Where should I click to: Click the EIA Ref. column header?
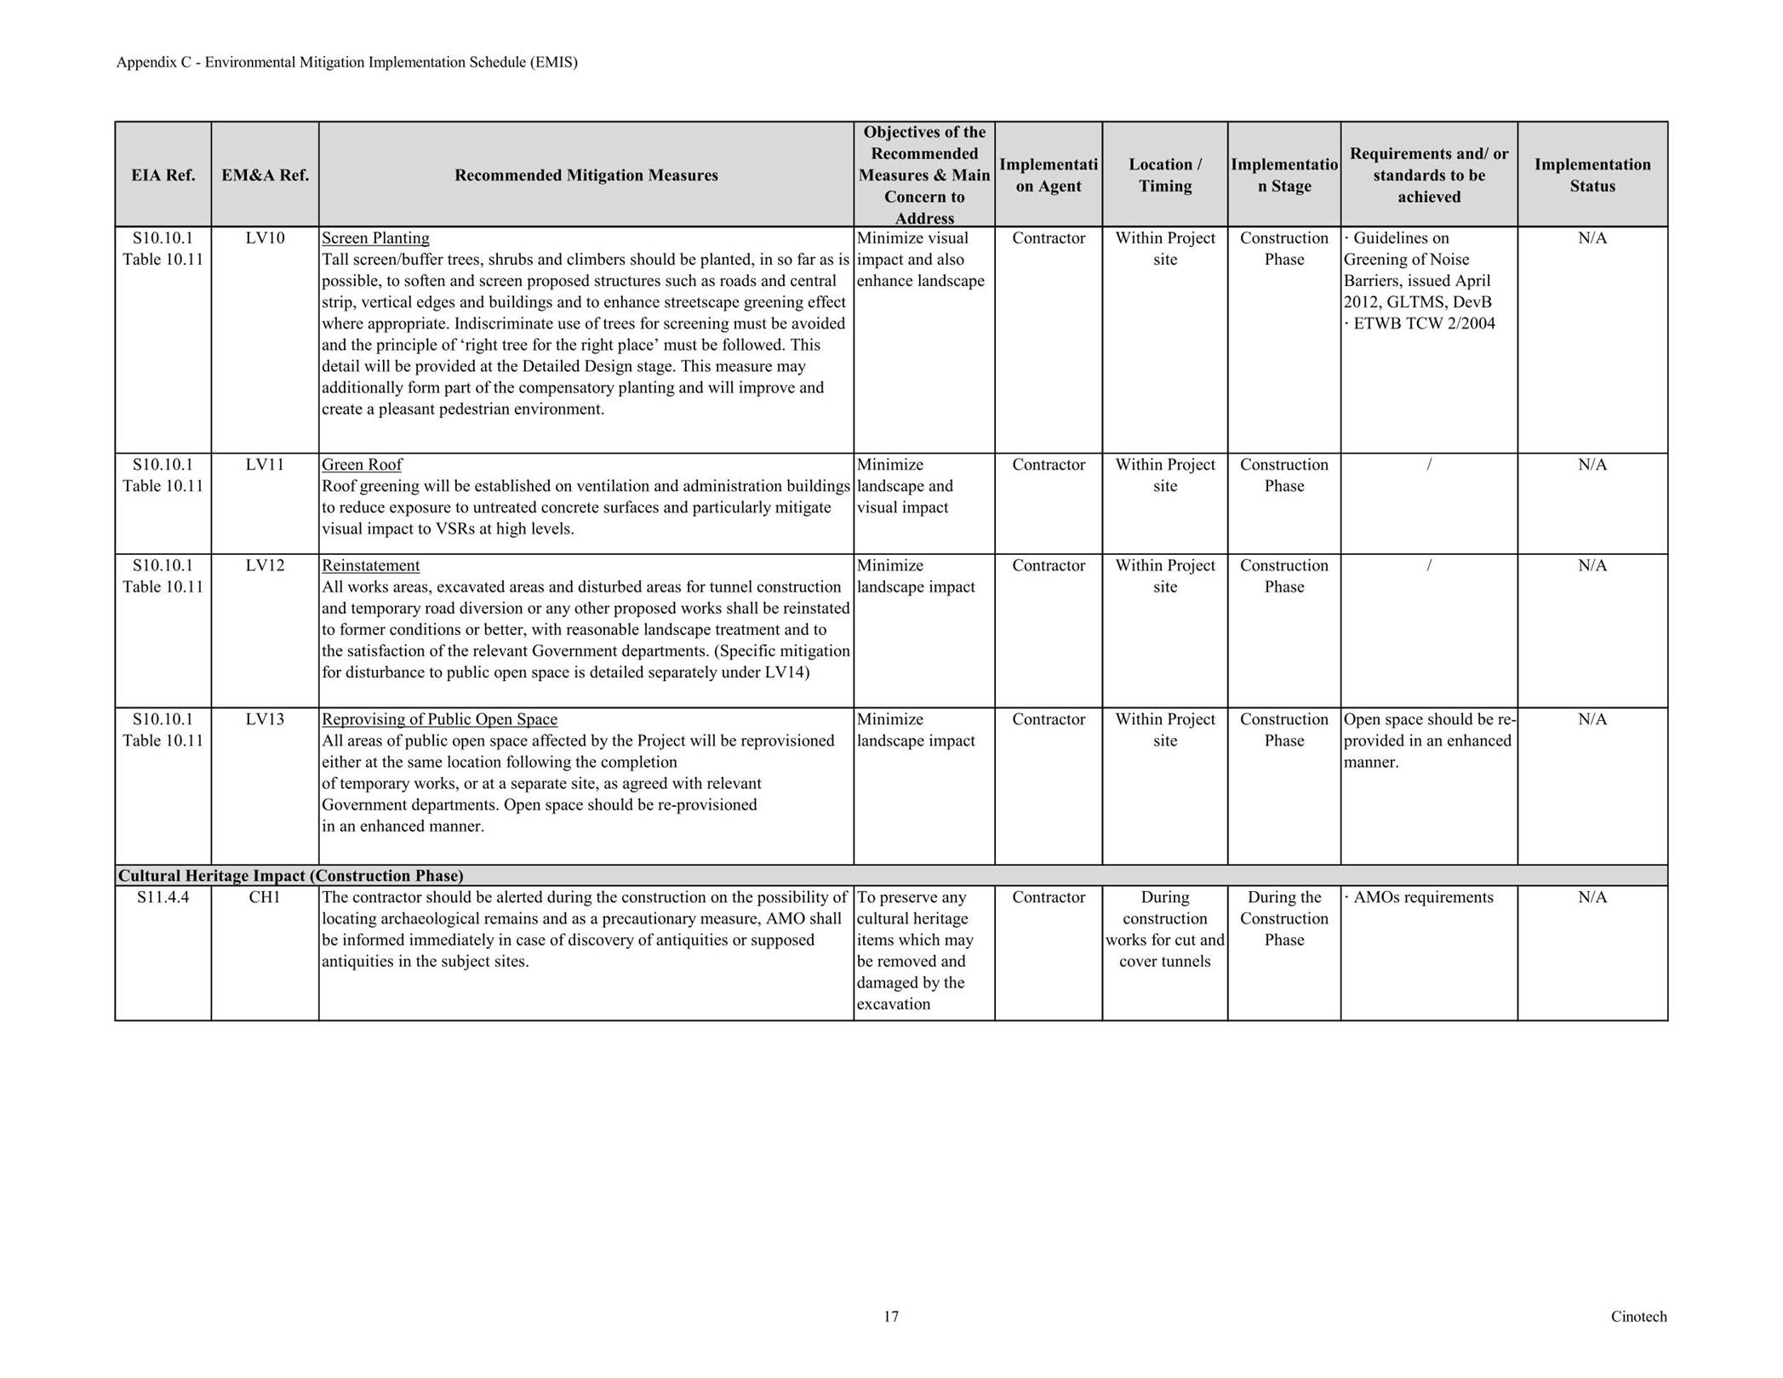[163, 175]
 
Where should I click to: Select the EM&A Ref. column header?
[265, 175]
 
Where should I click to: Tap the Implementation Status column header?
[1592, 175]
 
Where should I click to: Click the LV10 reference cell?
[265, 238]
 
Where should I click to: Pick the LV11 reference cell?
[265, 465]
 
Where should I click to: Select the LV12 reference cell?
[265, 566]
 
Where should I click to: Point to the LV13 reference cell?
[265, 719]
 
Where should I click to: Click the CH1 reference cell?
[265, 897]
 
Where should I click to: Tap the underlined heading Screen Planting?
[375, 238]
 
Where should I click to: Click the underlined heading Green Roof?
[362, 465]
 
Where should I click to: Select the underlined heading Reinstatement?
[370, 566]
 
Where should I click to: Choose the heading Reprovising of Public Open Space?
[439, 719]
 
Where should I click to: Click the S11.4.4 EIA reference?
[163, 897]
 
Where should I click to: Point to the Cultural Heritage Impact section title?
[291, 876]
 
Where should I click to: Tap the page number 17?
[890, 1317]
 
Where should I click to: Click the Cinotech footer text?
[1638, 1317]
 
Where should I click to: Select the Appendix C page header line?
[346, 62]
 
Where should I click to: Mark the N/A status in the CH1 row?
[1592, 897]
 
